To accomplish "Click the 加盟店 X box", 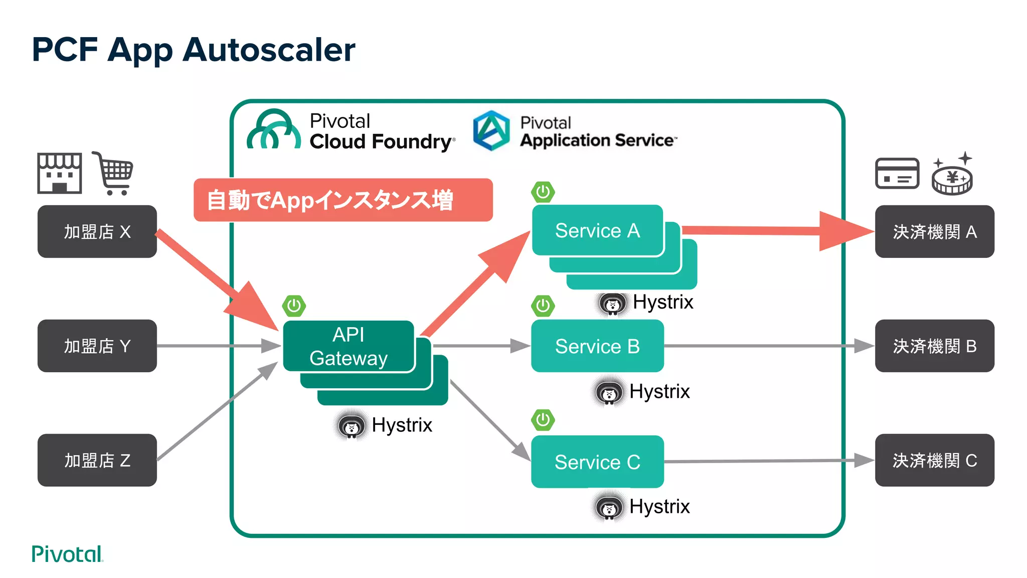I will click(x=97, y=231).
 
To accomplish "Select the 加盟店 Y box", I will click(x=97, y=346).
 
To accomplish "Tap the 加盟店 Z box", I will click(x=97, y=460).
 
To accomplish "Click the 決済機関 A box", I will click(x=934, y=231).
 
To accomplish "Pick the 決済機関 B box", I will click(x=934, y=346).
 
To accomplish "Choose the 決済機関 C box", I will click(x=934, y=460).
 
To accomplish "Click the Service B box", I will click(x=597, y=346).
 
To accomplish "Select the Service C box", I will click(x=597, y=462).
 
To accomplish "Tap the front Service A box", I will click(x=597, y=230).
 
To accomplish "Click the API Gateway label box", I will click(x=349, y=346).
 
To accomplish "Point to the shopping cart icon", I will click(x=114, y=173).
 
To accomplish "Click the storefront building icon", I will click(x=59, y=173).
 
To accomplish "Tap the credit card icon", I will click(x=897, y=174).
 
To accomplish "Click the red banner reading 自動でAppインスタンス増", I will click(x=343, y=200).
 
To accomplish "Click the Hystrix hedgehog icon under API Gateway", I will click(x=351, y=425).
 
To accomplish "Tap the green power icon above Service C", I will click(x=543, y=419).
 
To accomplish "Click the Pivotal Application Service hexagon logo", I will click(x=491, y=130).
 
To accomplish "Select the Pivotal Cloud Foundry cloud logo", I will click(x=274, y=130).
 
